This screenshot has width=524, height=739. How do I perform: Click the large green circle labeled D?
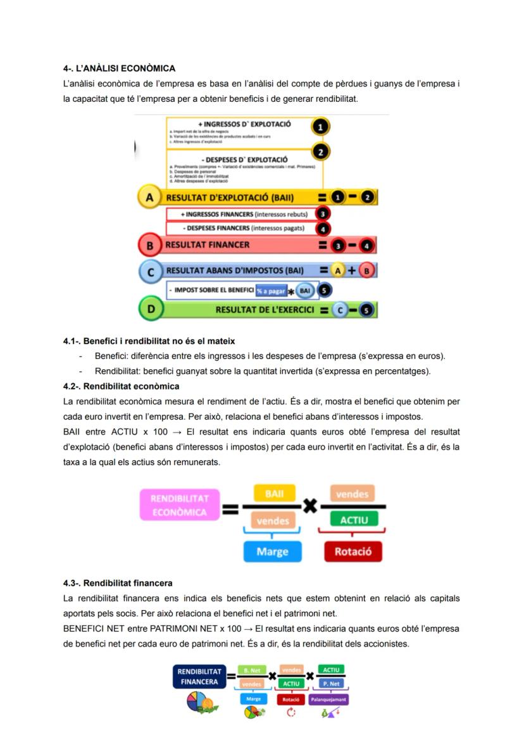coord(150,309)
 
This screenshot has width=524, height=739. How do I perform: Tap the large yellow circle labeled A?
coord(149,197)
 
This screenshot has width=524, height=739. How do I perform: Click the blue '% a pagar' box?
coord(271,291)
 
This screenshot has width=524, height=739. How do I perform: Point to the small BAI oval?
coord(306,291)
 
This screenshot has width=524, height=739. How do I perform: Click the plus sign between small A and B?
coord(351,271)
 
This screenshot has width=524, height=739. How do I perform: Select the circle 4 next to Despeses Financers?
coord(323,228)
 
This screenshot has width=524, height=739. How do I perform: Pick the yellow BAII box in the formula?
coord(273,494)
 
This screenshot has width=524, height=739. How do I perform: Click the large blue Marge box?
coord(272,551)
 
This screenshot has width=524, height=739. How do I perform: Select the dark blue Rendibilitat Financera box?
coord(199,676)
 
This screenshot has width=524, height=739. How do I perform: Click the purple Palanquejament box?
coord(329,700)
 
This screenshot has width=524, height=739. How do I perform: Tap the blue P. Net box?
coord(330,683)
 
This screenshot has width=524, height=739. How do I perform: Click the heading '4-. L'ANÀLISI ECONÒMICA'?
coord(119,68)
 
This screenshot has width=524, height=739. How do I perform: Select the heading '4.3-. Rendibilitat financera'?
coord(118,583)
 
